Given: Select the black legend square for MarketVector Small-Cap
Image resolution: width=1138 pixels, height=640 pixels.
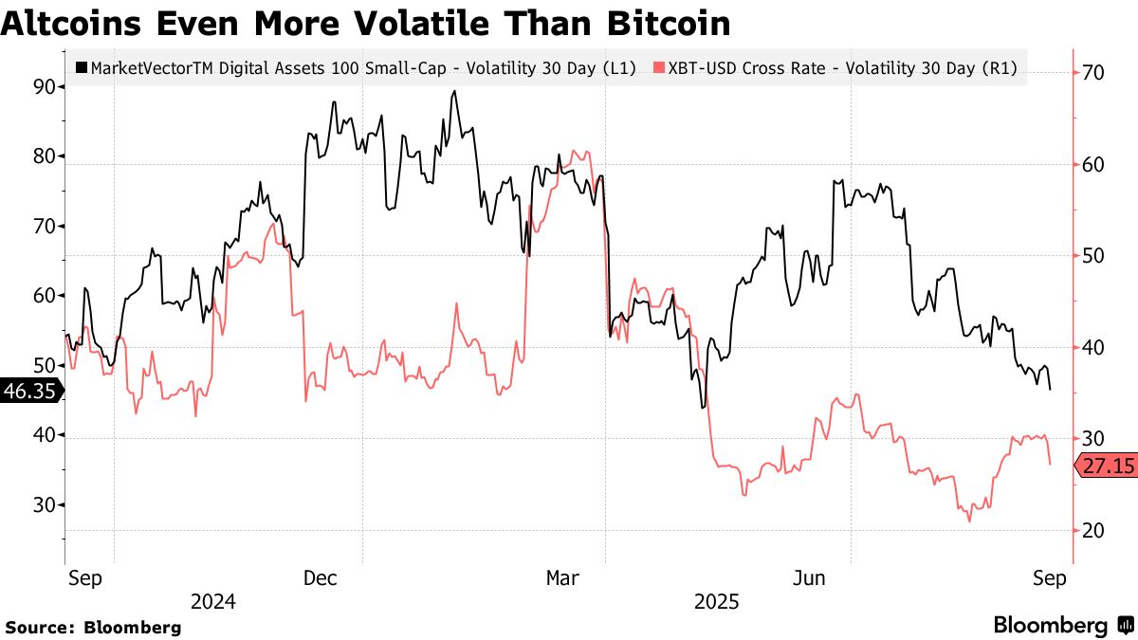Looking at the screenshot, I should click(82, 67).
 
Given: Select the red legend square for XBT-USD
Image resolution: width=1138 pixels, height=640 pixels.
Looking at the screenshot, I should click(660, 67).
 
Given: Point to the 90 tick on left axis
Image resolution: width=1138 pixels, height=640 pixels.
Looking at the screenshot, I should click(43, 87).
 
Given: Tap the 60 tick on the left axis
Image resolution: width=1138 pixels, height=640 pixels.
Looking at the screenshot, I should click(43, 296).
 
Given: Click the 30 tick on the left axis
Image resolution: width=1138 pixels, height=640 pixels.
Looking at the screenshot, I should click(43, 505).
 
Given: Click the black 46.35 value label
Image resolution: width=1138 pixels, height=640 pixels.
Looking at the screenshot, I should click(29, 391).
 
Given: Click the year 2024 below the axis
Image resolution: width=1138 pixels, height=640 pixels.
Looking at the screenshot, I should click(213, 602).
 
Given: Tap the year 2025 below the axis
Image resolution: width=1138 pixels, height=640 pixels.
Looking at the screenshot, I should click(717, 602).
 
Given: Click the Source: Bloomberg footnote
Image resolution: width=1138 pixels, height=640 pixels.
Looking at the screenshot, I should click(93, 627).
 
